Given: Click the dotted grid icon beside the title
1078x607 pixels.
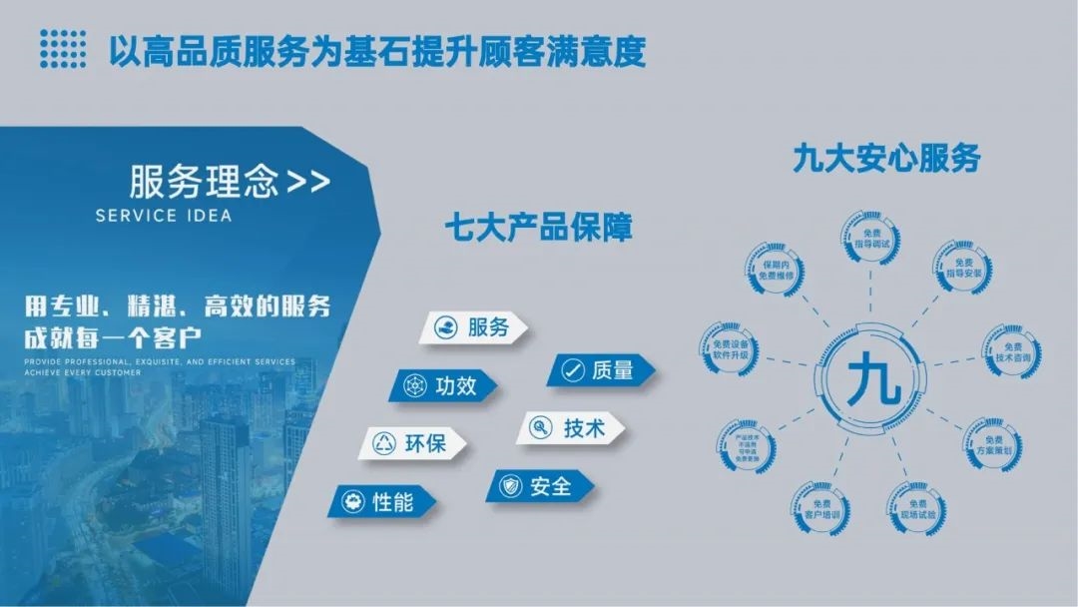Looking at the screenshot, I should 63,47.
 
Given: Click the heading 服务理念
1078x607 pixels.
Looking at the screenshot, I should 204,183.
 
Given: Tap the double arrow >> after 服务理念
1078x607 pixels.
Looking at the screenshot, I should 307,183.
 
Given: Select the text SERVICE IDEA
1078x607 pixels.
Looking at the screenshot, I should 164,216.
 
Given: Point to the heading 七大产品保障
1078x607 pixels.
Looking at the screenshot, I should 539,228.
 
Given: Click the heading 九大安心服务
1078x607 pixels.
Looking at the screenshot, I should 886,158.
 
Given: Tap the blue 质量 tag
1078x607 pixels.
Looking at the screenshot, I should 600,370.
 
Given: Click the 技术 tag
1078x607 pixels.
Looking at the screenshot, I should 571,428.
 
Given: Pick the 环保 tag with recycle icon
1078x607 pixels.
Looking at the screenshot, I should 412,443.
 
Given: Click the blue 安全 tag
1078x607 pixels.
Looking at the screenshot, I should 539,486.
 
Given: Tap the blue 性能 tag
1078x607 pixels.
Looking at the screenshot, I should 380,501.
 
